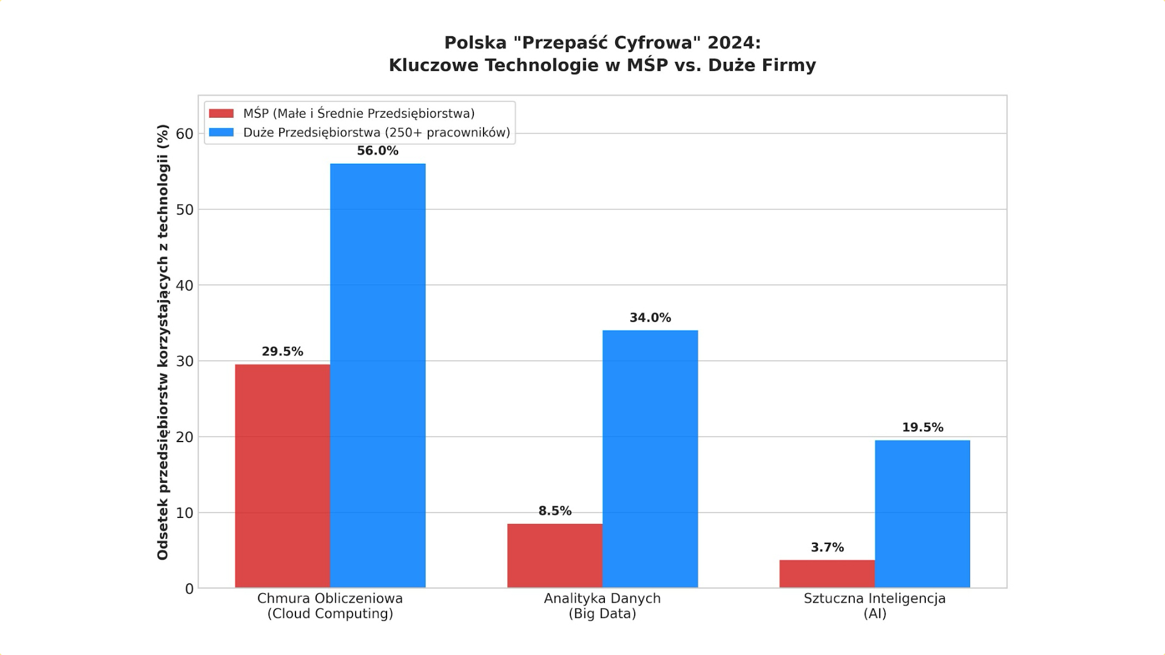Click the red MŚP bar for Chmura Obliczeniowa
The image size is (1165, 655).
point(282,476)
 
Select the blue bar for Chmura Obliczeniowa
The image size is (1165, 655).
point(377,375)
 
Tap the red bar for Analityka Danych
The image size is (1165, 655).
point(555,556)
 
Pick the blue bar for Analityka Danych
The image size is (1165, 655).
point(650,459)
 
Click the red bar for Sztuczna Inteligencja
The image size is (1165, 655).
point(827,574)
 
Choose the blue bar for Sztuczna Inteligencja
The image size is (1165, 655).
point(922,514)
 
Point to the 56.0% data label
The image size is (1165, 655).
point(377,151)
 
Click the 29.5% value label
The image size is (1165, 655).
point(282,352)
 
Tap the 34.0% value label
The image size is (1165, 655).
point(650,318)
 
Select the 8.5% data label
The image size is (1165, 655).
point(555,511)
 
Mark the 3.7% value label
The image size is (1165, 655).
point(827,548)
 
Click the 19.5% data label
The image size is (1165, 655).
point(922,428)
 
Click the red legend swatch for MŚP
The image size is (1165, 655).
point(221,113)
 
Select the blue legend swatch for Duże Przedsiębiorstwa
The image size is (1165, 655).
point(221,132)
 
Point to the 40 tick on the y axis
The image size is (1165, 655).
point(184,286)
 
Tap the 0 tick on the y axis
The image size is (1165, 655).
point(189,589)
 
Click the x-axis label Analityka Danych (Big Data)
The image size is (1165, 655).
point(602,606)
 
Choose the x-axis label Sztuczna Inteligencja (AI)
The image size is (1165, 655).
point(874,606)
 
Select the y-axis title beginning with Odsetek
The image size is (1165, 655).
point(163,342)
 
